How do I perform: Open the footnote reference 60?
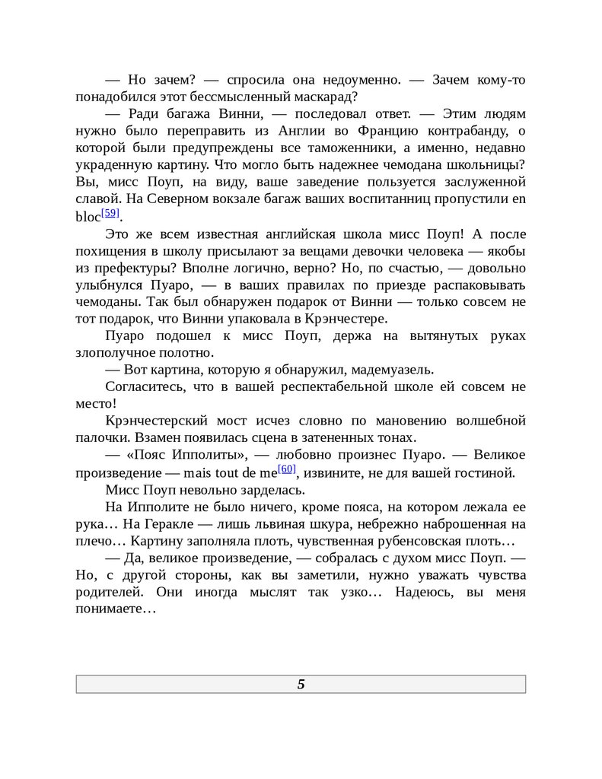click(x=287, y=469)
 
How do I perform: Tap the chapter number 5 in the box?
click(x=301, y=684)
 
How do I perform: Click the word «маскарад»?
click(x=328, y=97)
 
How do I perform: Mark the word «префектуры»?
click(x=127, y=268)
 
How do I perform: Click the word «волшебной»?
click(x=491, y=421)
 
